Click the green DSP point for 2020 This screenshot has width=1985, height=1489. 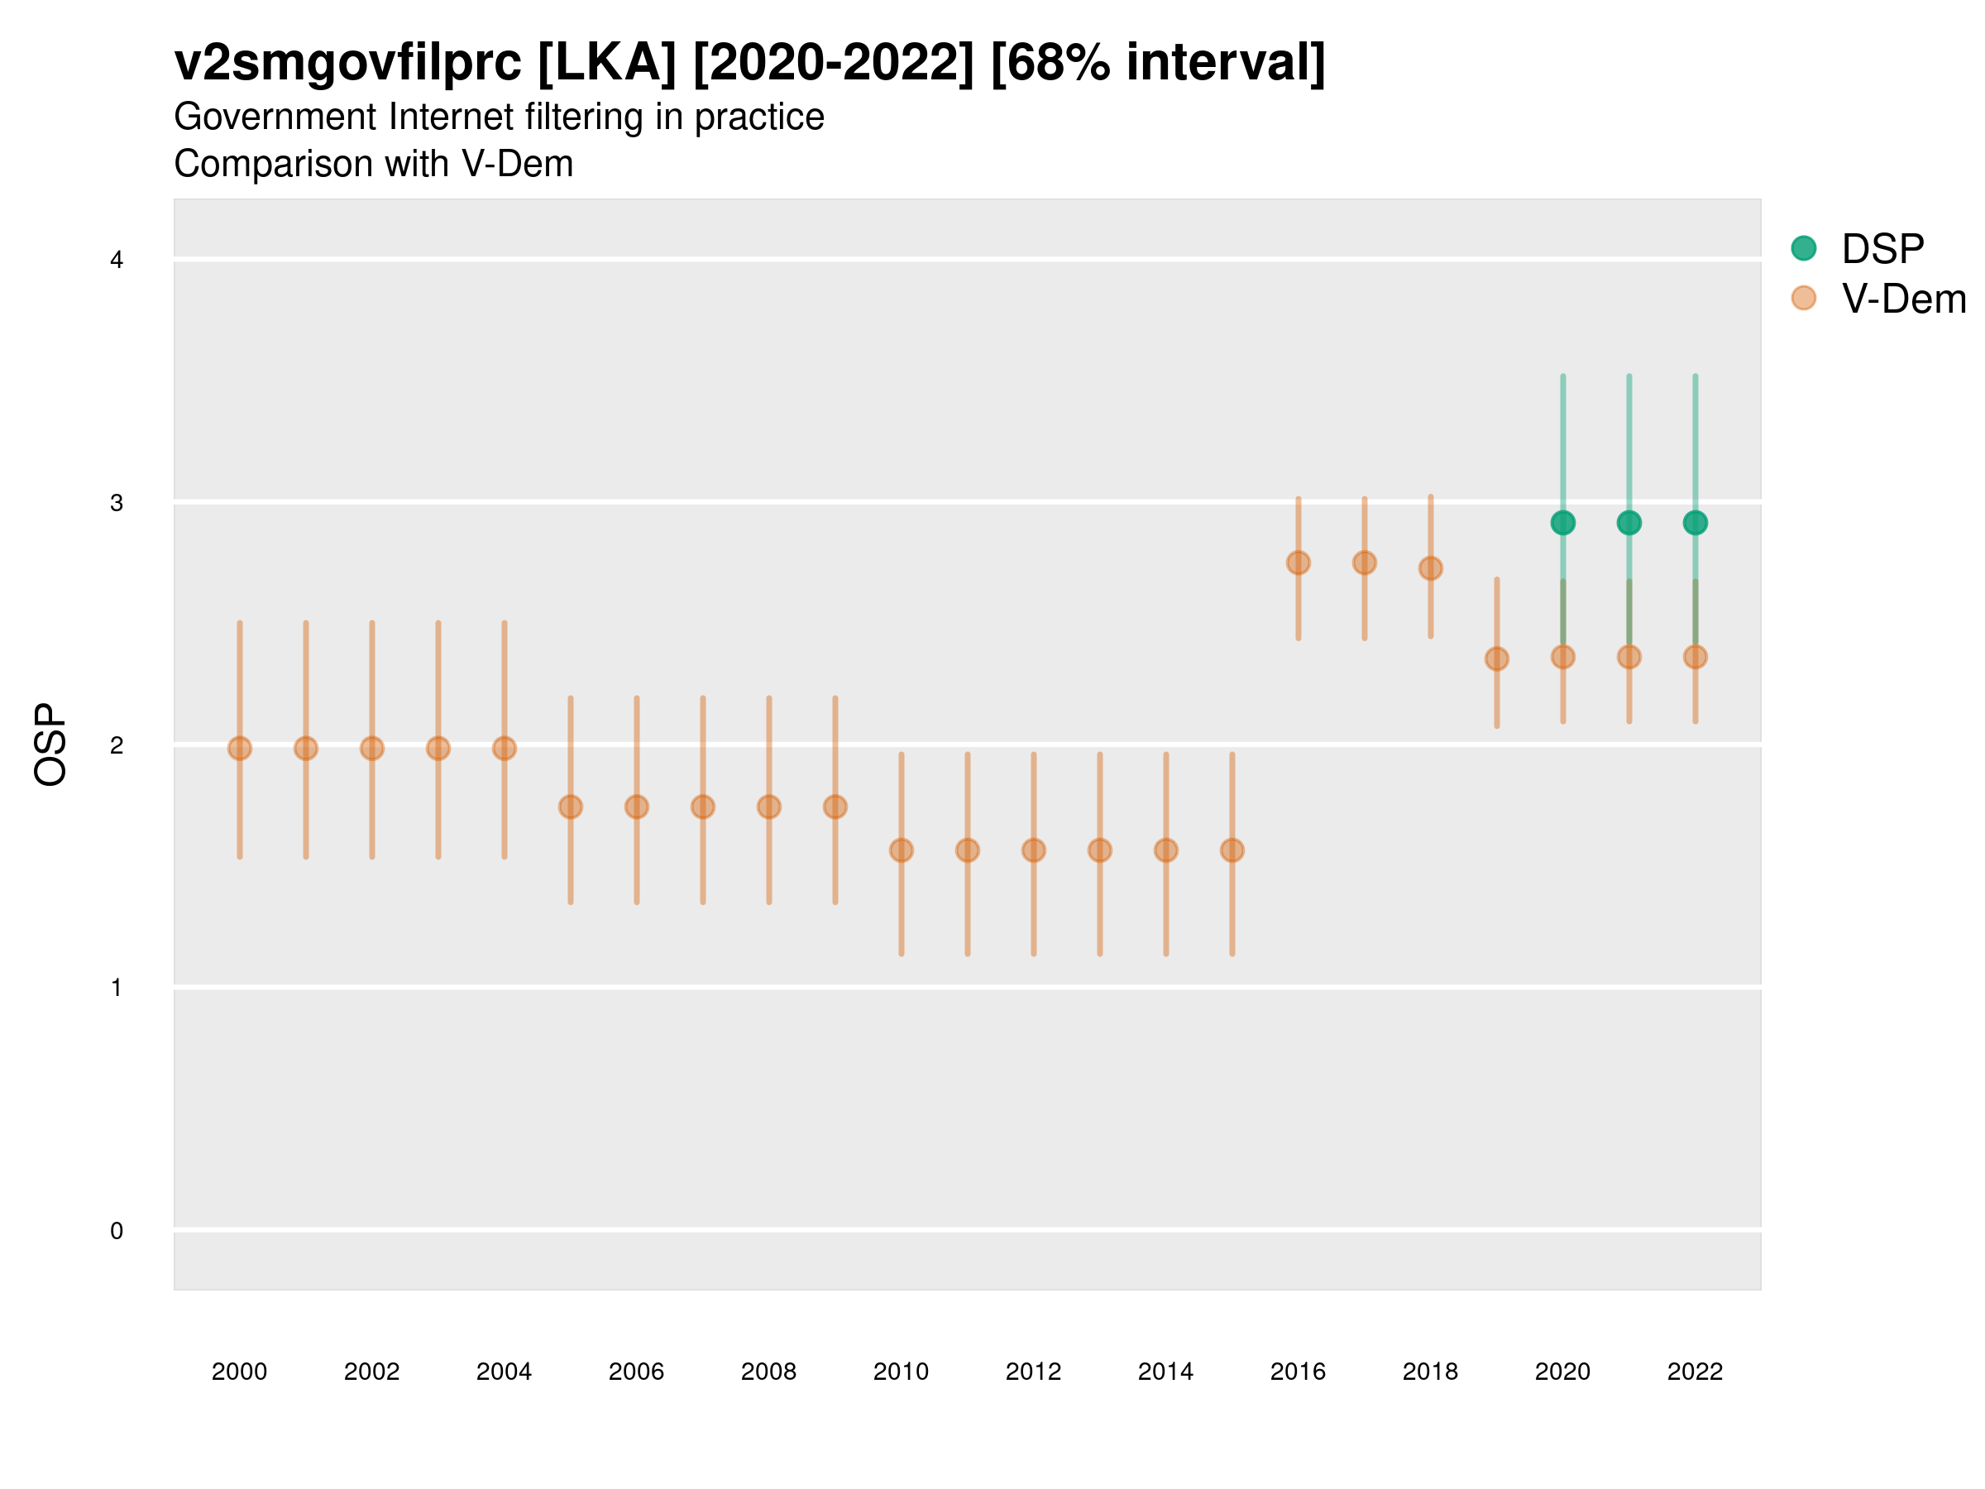click(x=1562, y=522)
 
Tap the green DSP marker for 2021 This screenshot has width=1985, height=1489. click(x=1629, y=522)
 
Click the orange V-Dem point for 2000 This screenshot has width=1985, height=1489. click(x=240, y=749)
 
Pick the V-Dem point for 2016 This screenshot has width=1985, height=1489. click(x=1298, y=563)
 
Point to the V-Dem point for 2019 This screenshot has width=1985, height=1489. click(x=1496, y=658)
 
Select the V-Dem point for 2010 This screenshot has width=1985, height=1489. click(x=901, y=850)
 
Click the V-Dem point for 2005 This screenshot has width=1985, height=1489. click(x=570, y=807)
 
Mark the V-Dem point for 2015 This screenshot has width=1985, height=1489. click(x=1232, y=850)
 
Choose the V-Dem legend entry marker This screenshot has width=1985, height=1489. click(x=1803, y=298)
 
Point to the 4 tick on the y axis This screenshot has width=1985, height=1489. click(x=117, y=261)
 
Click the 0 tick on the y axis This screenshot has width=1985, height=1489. click(x=117, y=1231)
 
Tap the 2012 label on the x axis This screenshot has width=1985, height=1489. click(x=1033, y=1372)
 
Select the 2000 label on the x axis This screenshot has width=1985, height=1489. click(x=240, y=1372)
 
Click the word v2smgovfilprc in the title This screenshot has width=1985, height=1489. click(x=347, y=63)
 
